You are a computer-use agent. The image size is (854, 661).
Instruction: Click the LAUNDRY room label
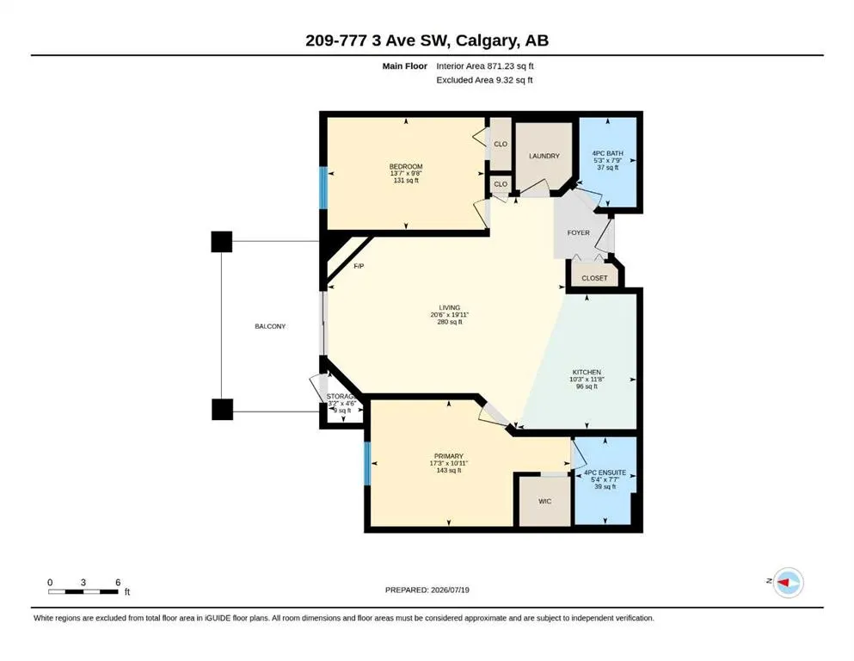[544, 156]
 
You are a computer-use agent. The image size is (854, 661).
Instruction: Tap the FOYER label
[579, 232]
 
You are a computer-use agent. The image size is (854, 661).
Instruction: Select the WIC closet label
[544, 501]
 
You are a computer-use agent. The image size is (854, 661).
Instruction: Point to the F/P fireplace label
[359, 266]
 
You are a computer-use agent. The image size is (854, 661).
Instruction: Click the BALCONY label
[270, 326]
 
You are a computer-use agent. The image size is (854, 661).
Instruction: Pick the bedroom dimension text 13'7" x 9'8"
[406, 173]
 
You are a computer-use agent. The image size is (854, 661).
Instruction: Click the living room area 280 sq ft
[449, 322]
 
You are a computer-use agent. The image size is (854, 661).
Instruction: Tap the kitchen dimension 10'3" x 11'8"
[587, 380]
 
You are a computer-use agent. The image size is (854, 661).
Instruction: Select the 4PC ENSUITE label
[605, 473]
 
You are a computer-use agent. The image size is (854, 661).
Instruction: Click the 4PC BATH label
[608, 154]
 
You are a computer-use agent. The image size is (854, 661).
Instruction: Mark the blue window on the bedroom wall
[323, 188]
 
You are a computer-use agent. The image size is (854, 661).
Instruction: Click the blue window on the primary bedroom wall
[367, 463]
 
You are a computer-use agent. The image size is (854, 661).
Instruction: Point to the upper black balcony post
[222, 241]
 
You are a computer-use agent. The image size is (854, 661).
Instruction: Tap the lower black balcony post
[222, 409]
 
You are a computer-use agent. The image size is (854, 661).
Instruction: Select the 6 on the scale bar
[118, 583]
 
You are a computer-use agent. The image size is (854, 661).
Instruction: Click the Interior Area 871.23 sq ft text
[485, 66]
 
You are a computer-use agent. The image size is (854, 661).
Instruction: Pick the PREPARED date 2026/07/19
[450, 590]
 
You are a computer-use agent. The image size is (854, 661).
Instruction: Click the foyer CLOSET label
[594, 278]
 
